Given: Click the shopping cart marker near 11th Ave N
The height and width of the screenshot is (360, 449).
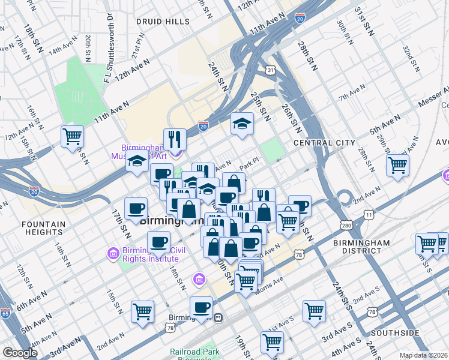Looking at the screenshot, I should tap(72, 136).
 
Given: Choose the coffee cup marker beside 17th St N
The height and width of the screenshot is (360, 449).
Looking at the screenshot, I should tap(136, 208).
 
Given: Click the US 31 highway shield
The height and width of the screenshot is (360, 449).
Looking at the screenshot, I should tap(271, 71).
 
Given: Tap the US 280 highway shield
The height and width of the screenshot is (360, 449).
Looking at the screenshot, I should tap(347, 224).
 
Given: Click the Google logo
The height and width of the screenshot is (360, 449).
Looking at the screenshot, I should tap(21, 353).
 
